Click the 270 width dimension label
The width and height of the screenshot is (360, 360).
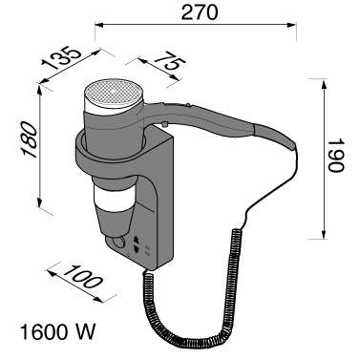tap(200, 12)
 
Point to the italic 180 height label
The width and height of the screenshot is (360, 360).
tap(30, 139)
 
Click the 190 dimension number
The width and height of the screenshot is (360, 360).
tap(336, 155)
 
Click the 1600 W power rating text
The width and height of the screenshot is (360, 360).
tap(57, 331)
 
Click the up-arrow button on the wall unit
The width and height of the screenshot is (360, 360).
tap(137, 239)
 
